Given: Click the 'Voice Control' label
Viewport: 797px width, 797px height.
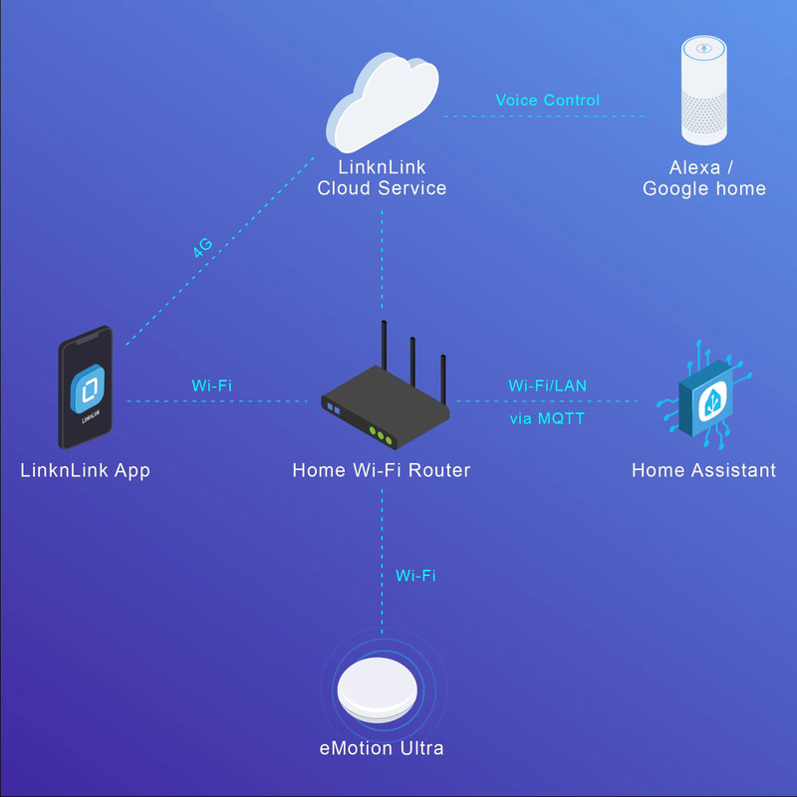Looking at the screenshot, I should tap(547, 101).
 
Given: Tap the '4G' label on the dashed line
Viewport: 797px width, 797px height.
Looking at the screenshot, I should tap(204, 248).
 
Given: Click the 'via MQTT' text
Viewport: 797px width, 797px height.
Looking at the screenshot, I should tap(547, 419).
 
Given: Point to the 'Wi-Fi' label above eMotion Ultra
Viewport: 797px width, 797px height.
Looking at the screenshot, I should tap(415, 575).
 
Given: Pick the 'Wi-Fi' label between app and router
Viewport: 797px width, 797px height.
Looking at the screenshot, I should tap(211, 385).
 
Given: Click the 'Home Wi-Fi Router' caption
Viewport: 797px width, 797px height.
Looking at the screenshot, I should tap(382, 470).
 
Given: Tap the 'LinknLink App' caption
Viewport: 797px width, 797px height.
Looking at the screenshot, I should tap(85, 470).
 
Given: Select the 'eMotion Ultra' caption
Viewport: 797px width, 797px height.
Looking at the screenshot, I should tap(382, 747).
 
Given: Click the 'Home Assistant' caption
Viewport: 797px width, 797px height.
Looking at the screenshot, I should tap(703, 470).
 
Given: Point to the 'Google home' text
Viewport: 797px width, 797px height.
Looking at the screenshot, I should tap(704, 188).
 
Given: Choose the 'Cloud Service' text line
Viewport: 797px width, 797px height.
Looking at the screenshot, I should tap(382, 188).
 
